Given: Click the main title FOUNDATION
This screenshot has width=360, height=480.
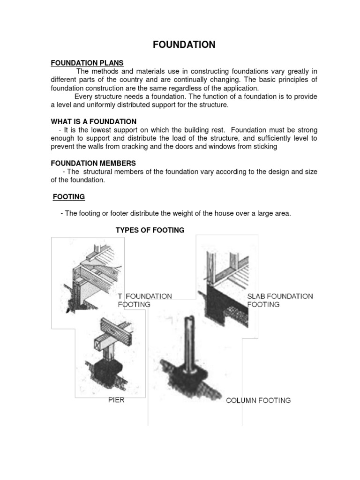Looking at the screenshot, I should pos(184,45).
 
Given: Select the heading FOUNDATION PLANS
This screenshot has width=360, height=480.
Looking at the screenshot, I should pos(87,63).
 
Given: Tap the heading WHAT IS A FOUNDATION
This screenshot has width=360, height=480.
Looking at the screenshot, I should pos(94,121).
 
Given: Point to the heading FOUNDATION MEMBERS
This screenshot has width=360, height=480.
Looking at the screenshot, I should pos(93,163).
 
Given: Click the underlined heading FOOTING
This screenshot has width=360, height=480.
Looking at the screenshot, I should pos(68,197).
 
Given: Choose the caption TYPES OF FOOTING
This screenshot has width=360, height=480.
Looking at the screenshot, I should pos(150,230).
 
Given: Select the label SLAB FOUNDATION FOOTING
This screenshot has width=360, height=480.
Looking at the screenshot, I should pos(280,300).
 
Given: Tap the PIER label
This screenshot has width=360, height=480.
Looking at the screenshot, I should pos(116,400).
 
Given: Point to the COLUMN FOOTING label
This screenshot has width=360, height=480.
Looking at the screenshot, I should pos(258,400).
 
